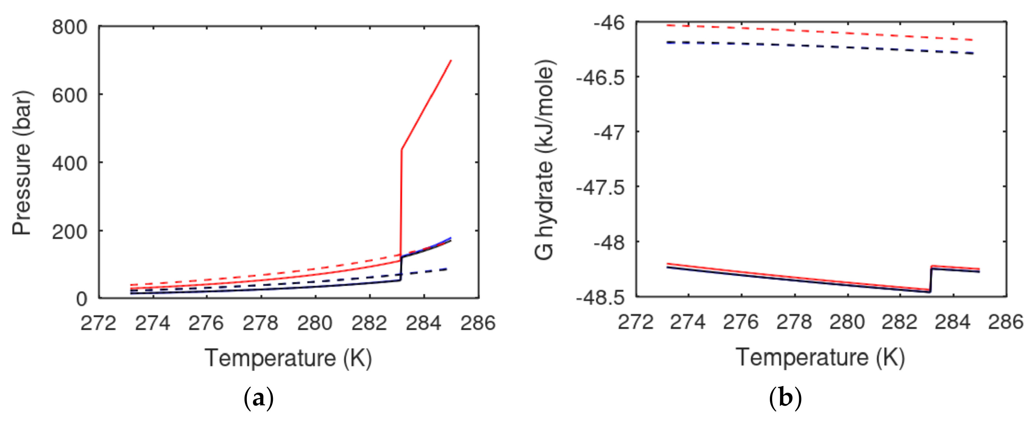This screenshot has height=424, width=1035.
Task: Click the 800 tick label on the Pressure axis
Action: click(x=69, y=27)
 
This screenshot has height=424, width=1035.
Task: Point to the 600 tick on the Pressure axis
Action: click(x=69, y=96)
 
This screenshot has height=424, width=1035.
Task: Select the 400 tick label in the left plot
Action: click(x=69, y=164)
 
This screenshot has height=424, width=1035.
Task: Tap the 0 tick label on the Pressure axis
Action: click(x=82, y=299)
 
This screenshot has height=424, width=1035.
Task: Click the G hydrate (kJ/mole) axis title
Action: click(x=545, y=160)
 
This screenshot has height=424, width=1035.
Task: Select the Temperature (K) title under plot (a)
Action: click(x=288, y=358)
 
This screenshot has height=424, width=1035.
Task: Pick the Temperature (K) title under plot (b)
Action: click(x=820, y=357)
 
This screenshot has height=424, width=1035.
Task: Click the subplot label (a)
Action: click(x=259, y=399)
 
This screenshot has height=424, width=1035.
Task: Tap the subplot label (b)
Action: click(x=785, y=399)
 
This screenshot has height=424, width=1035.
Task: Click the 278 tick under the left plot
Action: click(x=260, y=323)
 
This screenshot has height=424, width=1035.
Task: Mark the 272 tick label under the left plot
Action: click(x=98, y=323)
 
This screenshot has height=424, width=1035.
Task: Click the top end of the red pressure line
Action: click(x=451, y=61)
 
